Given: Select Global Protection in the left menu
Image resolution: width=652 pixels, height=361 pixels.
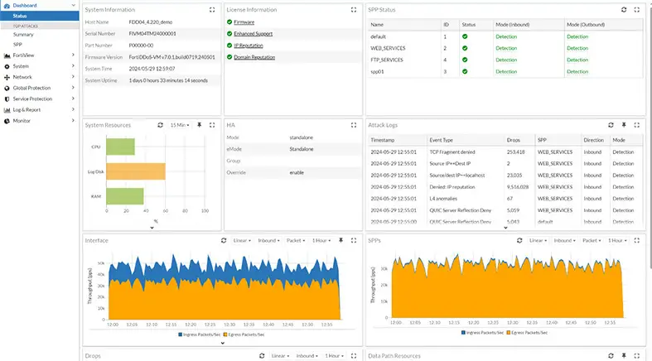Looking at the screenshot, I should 31,88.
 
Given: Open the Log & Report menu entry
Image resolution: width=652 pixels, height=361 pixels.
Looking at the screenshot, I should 27,109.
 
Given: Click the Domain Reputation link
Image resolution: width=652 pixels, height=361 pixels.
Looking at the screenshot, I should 254,57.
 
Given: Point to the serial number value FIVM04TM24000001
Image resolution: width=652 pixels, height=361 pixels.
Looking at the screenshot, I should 152,33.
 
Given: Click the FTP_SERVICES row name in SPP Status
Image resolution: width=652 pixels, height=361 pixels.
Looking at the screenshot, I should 390,60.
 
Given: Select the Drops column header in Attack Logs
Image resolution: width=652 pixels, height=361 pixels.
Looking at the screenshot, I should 514,141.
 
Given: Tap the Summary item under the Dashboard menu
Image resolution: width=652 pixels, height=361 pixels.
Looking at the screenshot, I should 23,35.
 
